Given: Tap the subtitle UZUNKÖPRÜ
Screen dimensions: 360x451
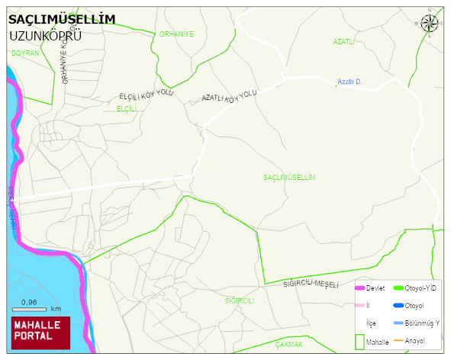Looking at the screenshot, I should (46, 35).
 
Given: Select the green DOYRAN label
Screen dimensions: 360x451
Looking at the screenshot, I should (25, 53).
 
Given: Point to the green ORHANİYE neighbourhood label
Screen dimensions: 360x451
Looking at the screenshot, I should (176, 34).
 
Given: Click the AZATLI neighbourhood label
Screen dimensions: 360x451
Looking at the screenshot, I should (344, 41).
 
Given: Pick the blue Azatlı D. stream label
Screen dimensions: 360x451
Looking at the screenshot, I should (349, 81).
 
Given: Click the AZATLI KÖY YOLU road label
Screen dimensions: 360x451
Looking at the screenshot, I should (229, 96).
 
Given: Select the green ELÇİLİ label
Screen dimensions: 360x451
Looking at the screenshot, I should (126, 109).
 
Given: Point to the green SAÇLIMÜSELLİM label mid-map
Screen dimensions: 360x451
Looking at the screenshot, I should (289, 177).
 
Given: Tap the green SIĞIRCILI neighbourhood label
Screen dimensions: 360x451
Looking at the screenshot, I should (239, 301).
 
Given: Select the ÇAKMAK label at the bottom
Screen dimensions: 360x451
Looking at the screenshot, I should (290, 345).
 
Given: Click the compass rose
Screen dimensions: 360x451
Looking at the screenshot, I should (430, 24).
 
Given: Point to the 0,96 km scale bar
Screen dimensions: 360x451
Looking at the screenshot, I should (35, 310).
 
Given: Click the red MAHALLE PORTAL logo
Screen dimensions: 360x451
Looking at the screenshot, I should (40, 330).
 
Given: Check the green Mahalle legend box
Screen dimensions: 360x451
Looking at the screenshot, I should (359, 342).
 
